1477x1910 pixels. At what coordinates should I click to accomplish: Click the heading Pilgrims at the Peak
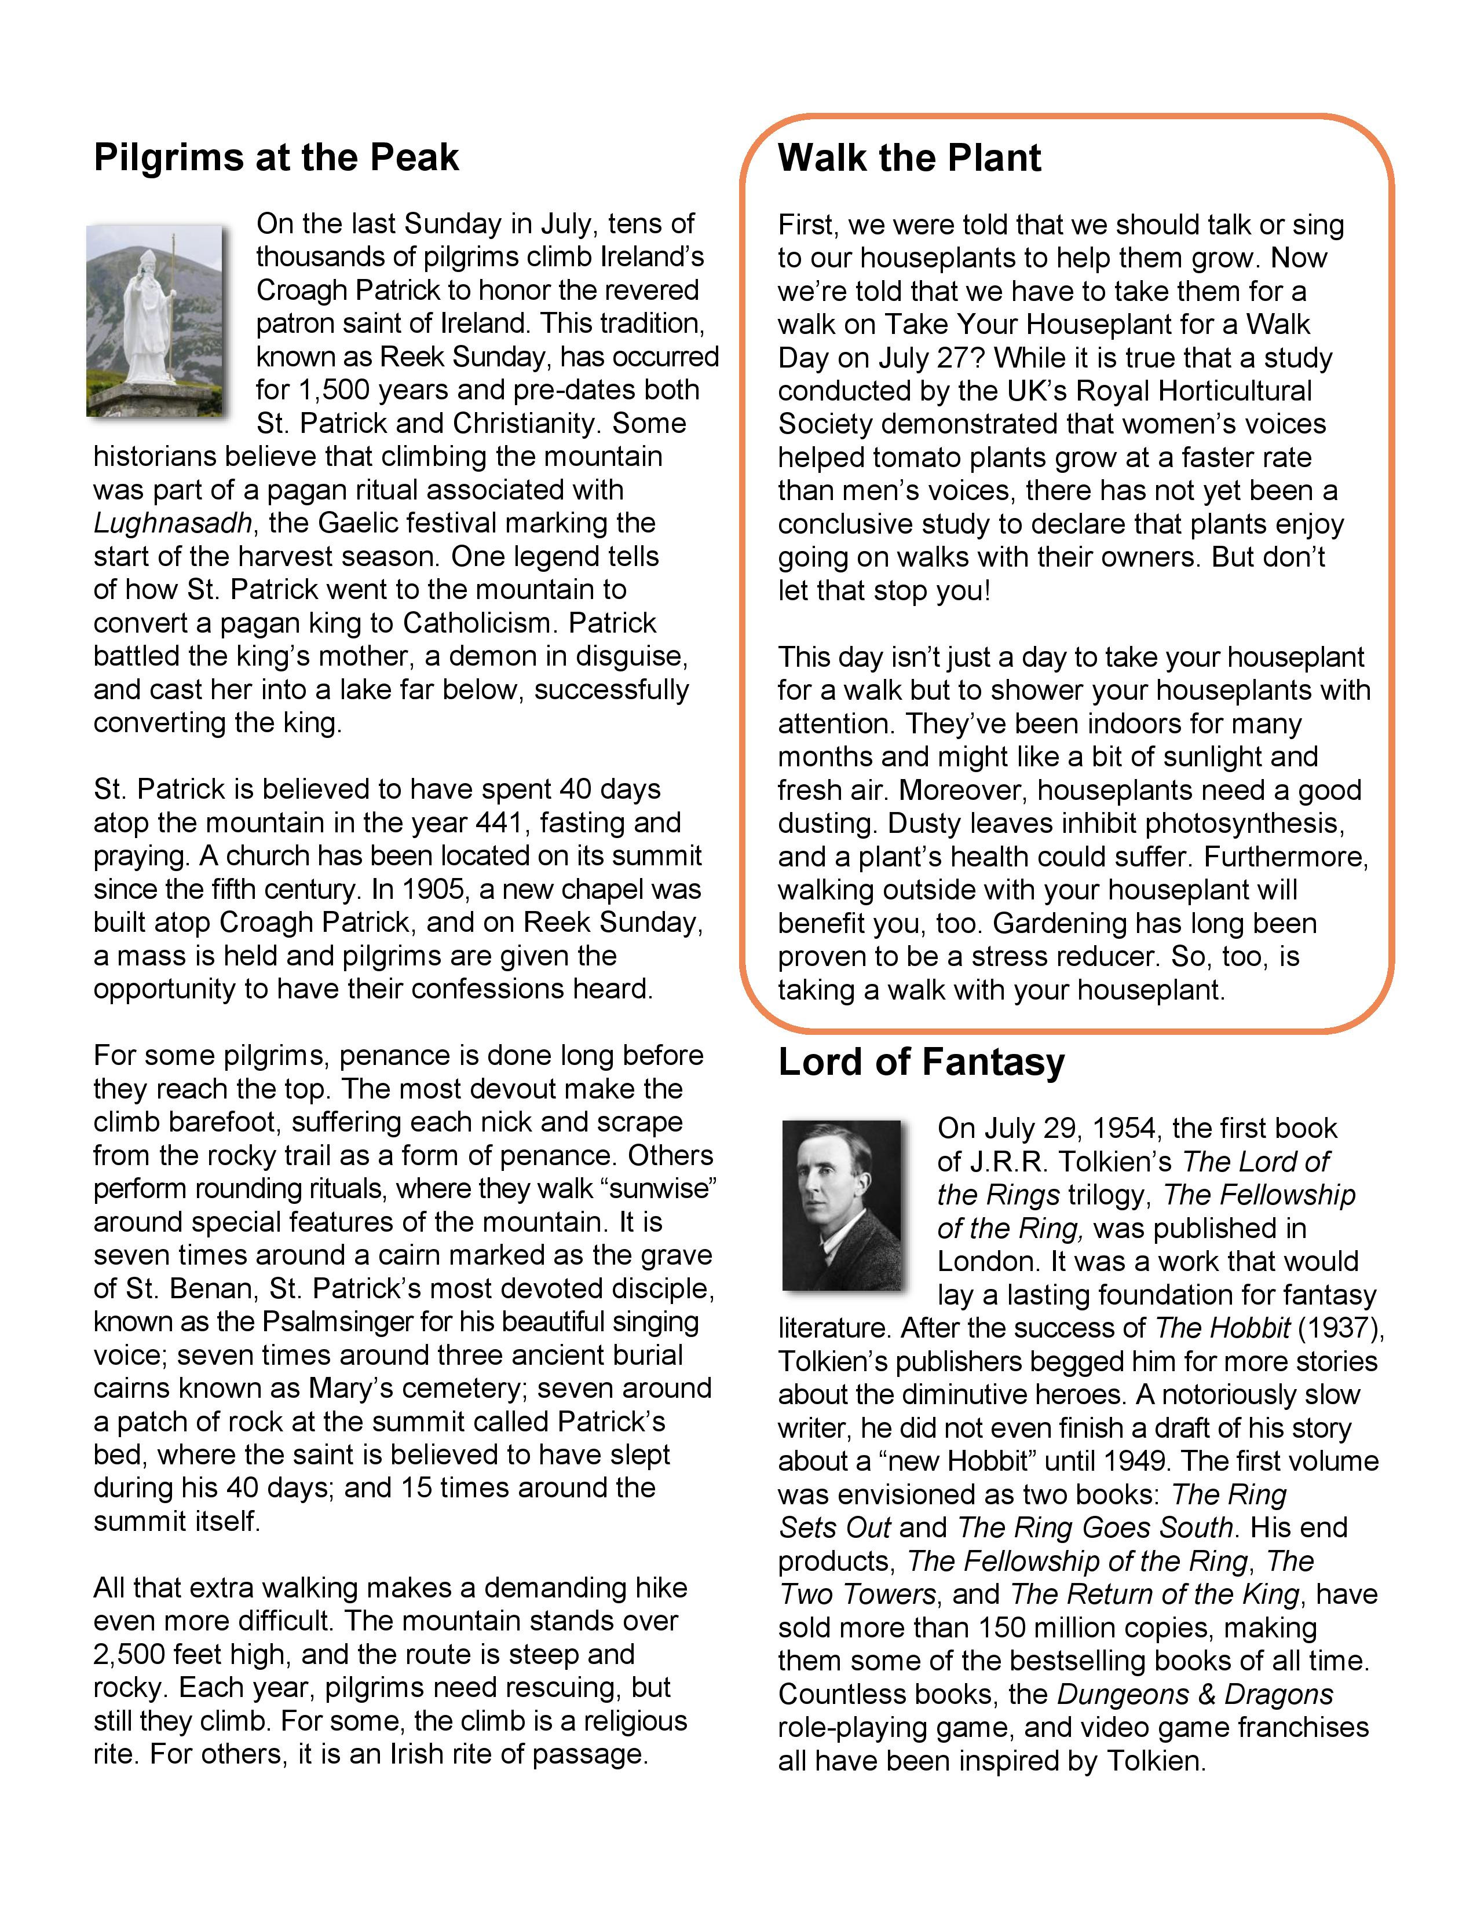click(276, 157)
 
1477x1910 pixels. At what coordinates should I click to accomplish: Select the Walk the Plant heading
click(909, 158)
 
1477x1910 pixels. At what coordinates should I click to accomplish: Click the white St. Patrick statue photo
click(155, 319)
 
